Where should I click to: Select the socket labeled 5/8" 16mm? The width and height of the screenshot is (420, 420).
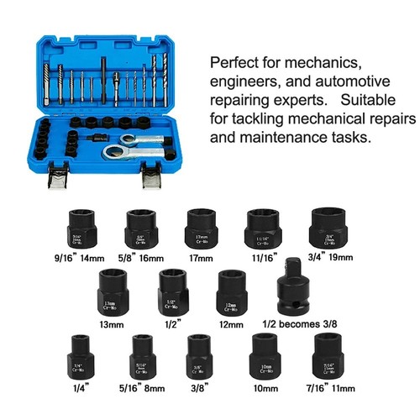[x=137, y=226]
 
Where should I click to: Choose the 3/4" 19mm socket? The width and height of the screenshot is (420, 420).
[x=328, y=224]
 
